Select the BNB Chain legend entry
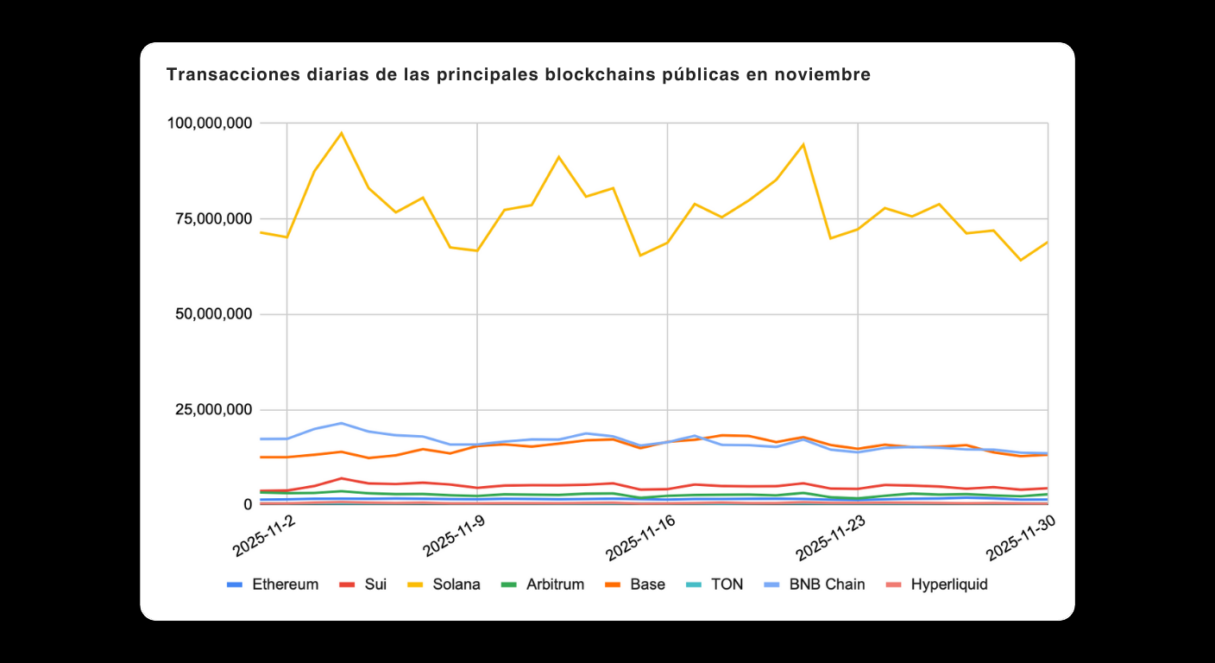tap(815, 584)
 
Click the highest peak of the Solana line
tap(342, 133)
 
